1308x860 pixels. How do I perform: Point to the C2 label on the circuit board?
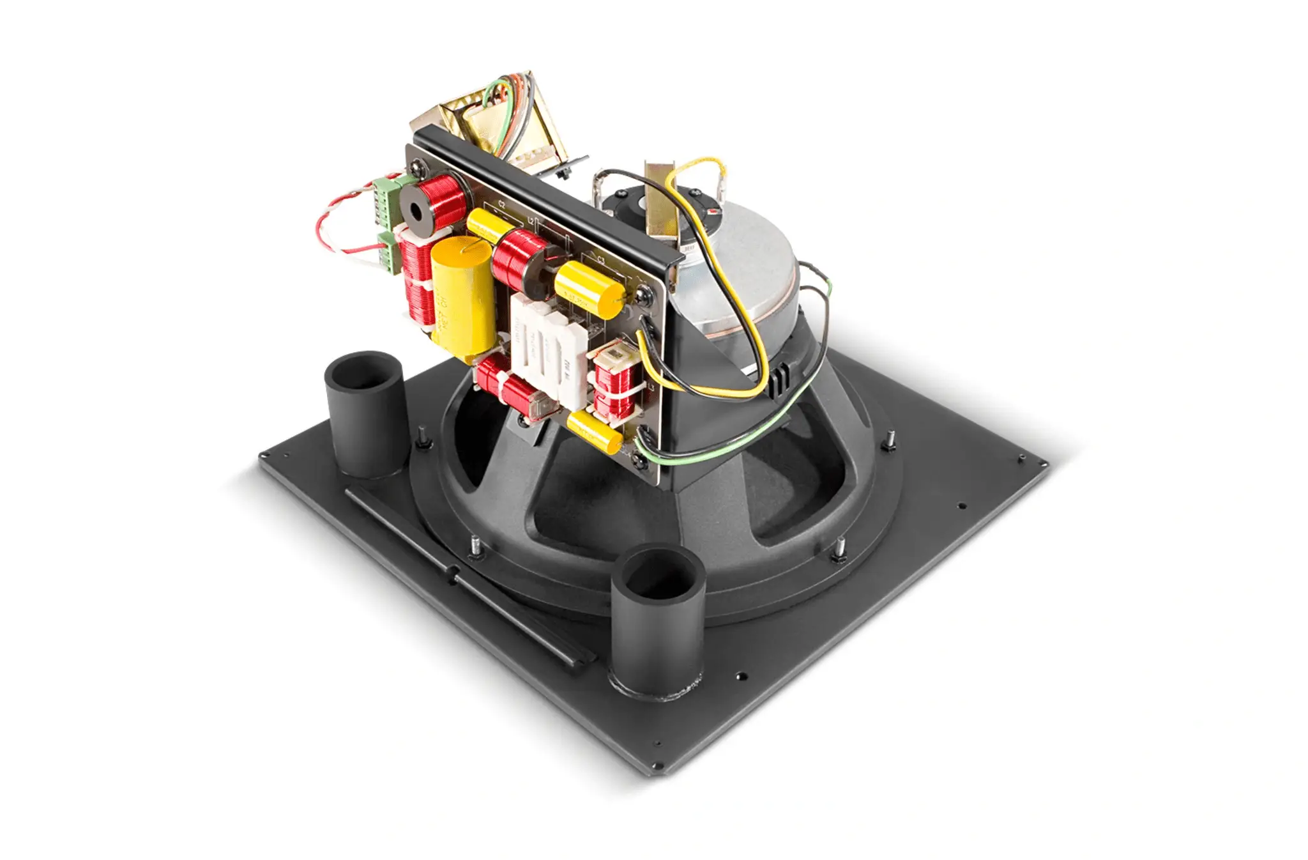point(501,205)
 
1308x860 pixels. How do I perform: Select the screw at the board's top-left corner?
point(422,165)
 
